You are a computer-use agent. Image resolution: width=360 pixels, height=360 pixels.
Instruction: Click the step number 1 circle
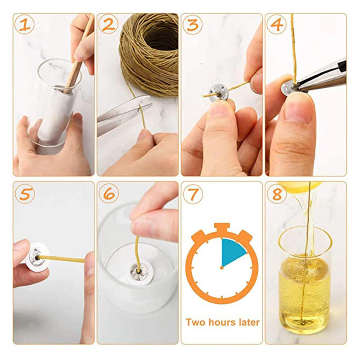click(x=25, y=25)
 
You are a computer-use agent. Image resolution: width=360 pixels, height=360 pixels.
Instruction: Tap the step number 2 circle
click(x=108, y=25)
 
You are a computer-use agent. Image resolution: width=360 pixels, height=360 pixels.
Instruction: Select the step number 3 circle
click(x=193, y=25)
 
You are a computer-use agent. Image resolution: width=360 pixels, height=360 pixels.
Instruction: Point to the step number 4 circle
click(x=276, y=25)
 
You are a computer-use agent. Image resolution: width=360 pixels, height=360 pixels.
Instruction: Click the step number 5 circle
click(x=25, y=194)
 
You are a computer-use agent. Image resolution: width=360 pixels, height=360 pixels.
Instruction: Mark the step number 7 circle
click(x=193, y=194)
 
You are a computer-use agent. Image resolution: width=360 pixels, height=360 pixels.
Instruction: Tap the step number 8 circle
click(x=276, y=194)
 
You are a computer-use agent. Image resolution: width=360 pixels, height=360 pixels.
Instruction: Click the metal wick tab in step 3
click(x=217, y=95)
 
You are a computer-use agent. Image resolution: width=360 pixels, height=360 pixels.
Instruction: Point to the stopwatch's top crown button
click(x=222, y=227)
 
